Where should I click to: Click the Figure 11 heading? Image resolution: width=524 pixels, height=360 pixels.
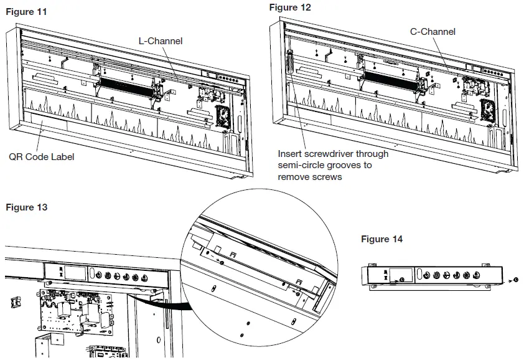tap(26, 12)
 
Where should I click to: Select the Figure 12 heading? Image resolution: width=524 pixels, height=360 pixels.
tap(290, 7)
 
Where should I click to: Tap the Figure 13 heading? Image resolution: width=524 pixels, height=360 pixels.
tap(26, 207)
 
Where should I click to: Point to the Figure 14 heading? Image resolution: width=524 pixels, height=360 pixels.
tap(381, 239)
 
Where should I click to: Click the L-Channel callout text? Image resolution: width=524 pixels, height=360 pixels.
tap(160, 41)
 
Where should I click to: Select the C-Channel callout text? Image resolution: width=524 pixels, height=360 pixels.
tap(433, 32)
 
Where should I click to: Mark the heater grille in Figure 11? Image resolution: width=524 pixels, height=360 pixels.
tap(126, 82)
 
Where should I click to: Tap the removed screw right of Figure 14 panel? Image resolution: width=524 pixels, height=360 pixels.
tap(516, 280)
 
